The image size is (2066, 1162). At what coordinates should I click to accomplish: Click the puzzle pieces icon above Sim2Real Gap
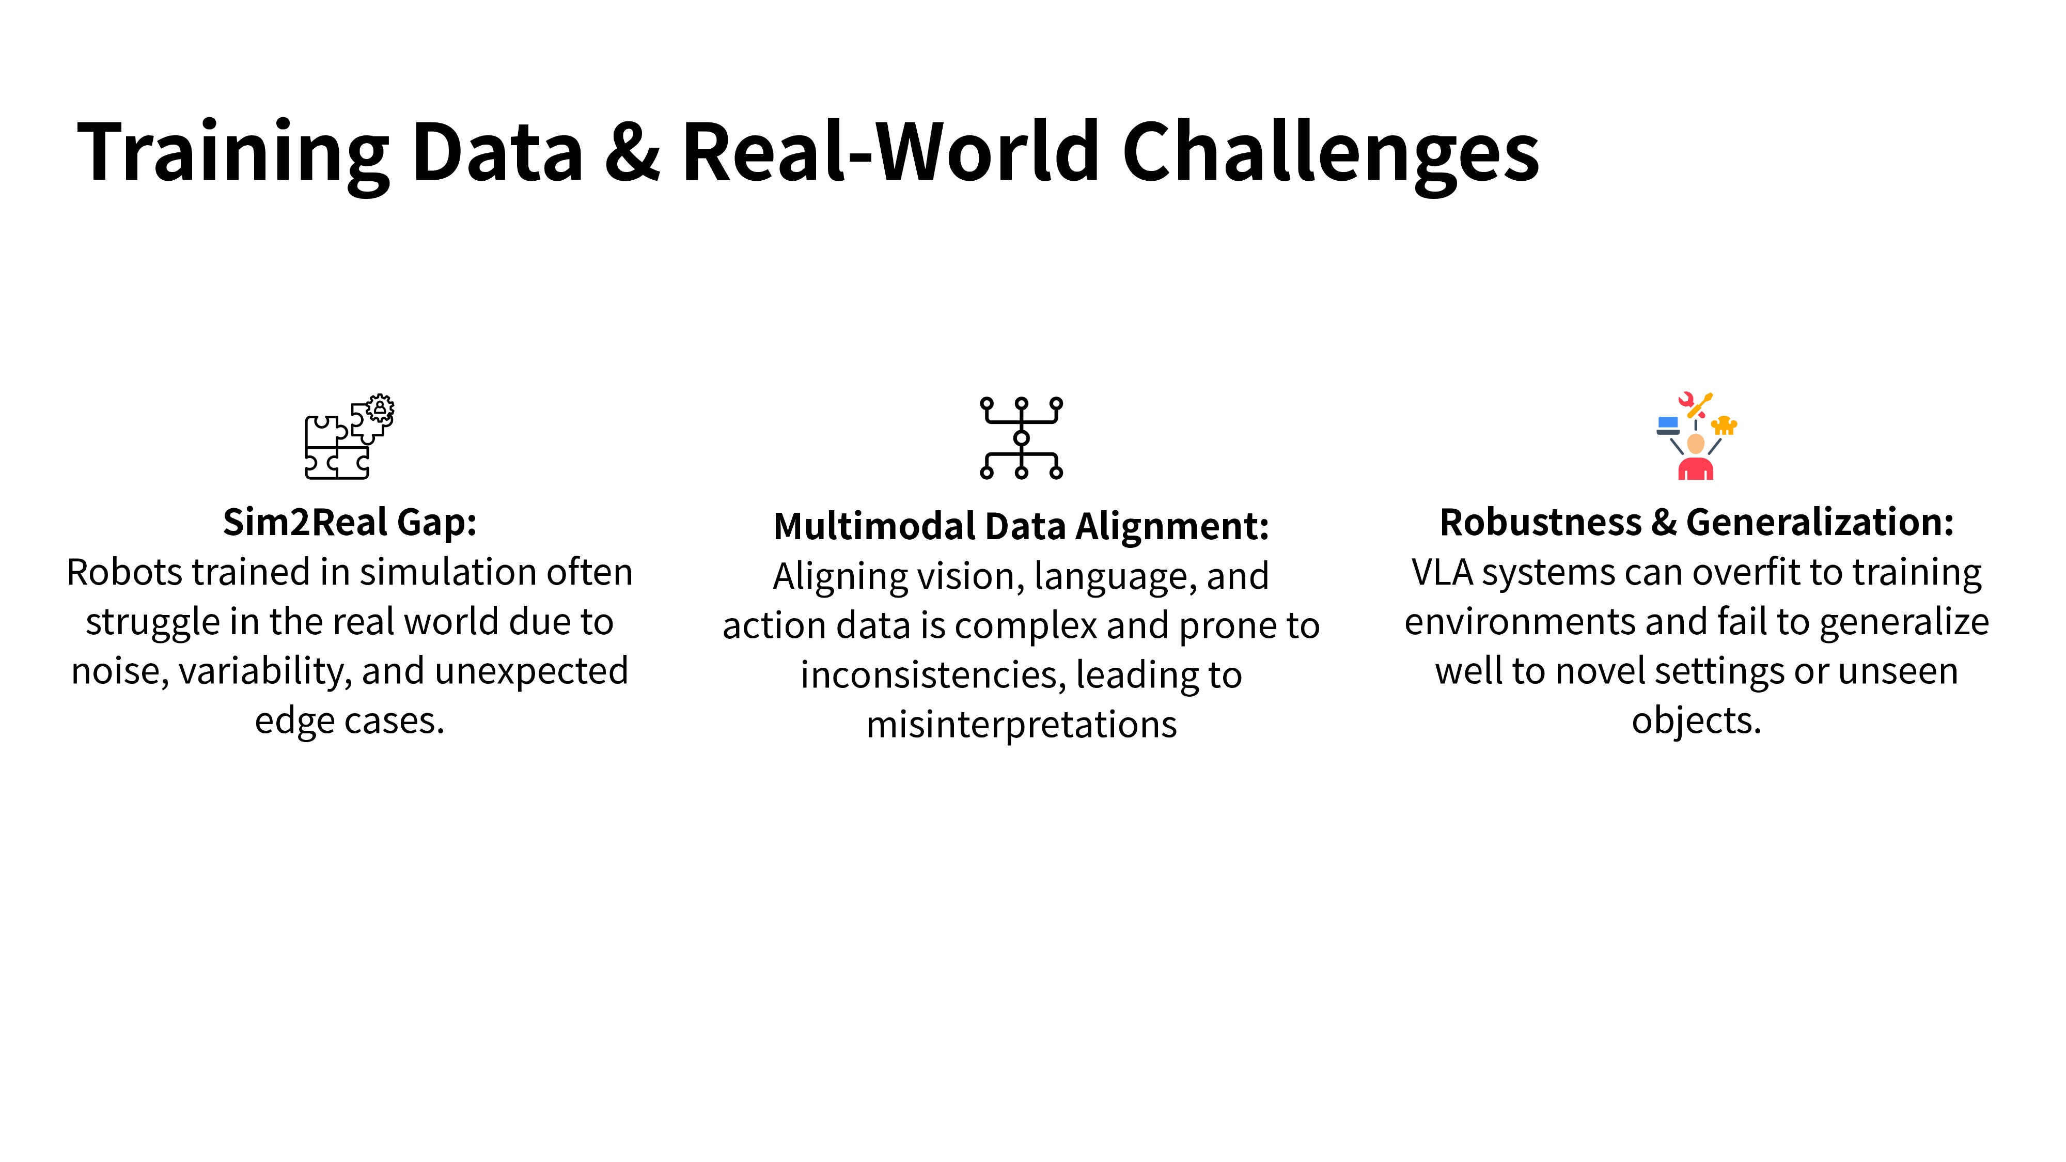pyautogui.click(x=349, y=437)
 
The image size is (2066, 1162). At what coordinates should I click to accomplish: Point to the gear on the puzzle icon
pyautogui.click(x=380, y=408)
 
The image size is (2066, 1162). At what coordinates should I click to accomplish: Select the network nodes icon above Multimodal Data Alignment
pyautogui.click(x=1021, y=438)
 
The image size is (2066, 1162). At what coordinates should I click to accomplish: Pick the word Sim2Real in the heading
pyautogui.click(x=306, y=523)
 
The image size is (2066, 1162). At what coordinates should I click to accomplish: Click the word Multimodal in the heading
pyautogui.click(x=874, y=527)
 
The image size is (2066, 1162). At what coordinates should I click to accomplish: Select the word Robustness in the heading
pyautogui.click(x=1540, y=523)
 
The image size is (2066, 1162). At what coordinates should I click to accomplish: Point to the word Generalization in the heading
pyautogui.click(x=1820, y=523)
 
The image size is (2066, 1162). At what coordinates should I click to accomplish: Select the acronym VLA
pyautogui.click(x=1441, y=573)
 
